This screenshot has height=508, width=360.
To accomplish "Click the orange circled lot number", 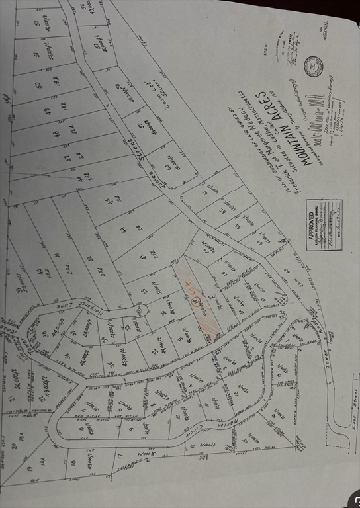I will [195, 302].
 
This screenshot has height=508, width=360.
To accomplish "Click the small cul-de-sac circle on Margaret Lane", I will [140, 309].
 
